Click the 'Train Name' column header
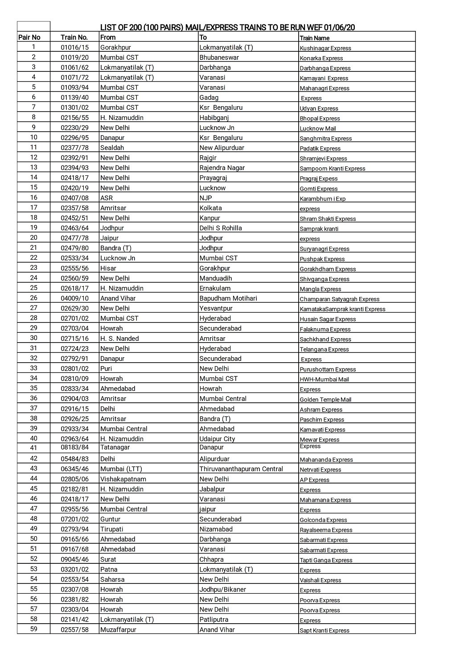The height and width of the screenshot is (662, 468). click(x=315, y=38)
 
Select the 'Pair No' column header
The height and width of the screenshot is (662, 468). click(x=29, y=37)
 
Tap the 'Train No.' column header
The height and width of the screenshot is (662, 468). click(x=74, y=37)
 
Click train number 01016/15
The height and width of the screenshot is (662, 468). click(x=74, y=47)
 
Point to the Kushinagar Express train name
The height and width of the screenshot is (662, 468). click(x=325, y=48)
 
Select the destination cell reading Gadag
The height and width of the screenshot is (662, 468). click(x=209, y=97)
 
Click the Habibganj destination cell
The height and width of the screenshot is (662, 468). click(x=214, y=118)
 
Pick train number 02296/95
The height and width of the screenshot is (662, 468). click(x=74, y=138)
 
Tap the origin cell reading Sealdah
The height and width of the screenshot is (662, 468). click(x=112, y=148)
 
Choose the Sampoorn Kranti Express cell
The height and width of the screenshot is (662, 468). click(x=333, y=169)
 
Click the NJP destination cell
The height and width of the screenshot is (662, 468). click(x=206, y=198)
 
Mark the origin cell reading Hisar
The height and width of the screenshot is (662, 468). click(x=108, y=268)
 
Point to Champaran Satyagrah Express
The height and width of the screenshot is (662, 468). click(x=340, y=299)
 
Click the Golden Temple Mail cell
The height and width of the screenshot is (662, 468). click(x=325, y=400)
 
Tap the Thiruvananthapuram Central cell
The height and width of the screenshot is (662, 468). click(x=241, y=469)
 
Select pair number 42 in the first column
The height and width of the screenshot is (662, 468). click(x=34, y=459)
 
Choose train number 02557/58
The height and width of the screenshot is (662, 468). click(x=74, y=629)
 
